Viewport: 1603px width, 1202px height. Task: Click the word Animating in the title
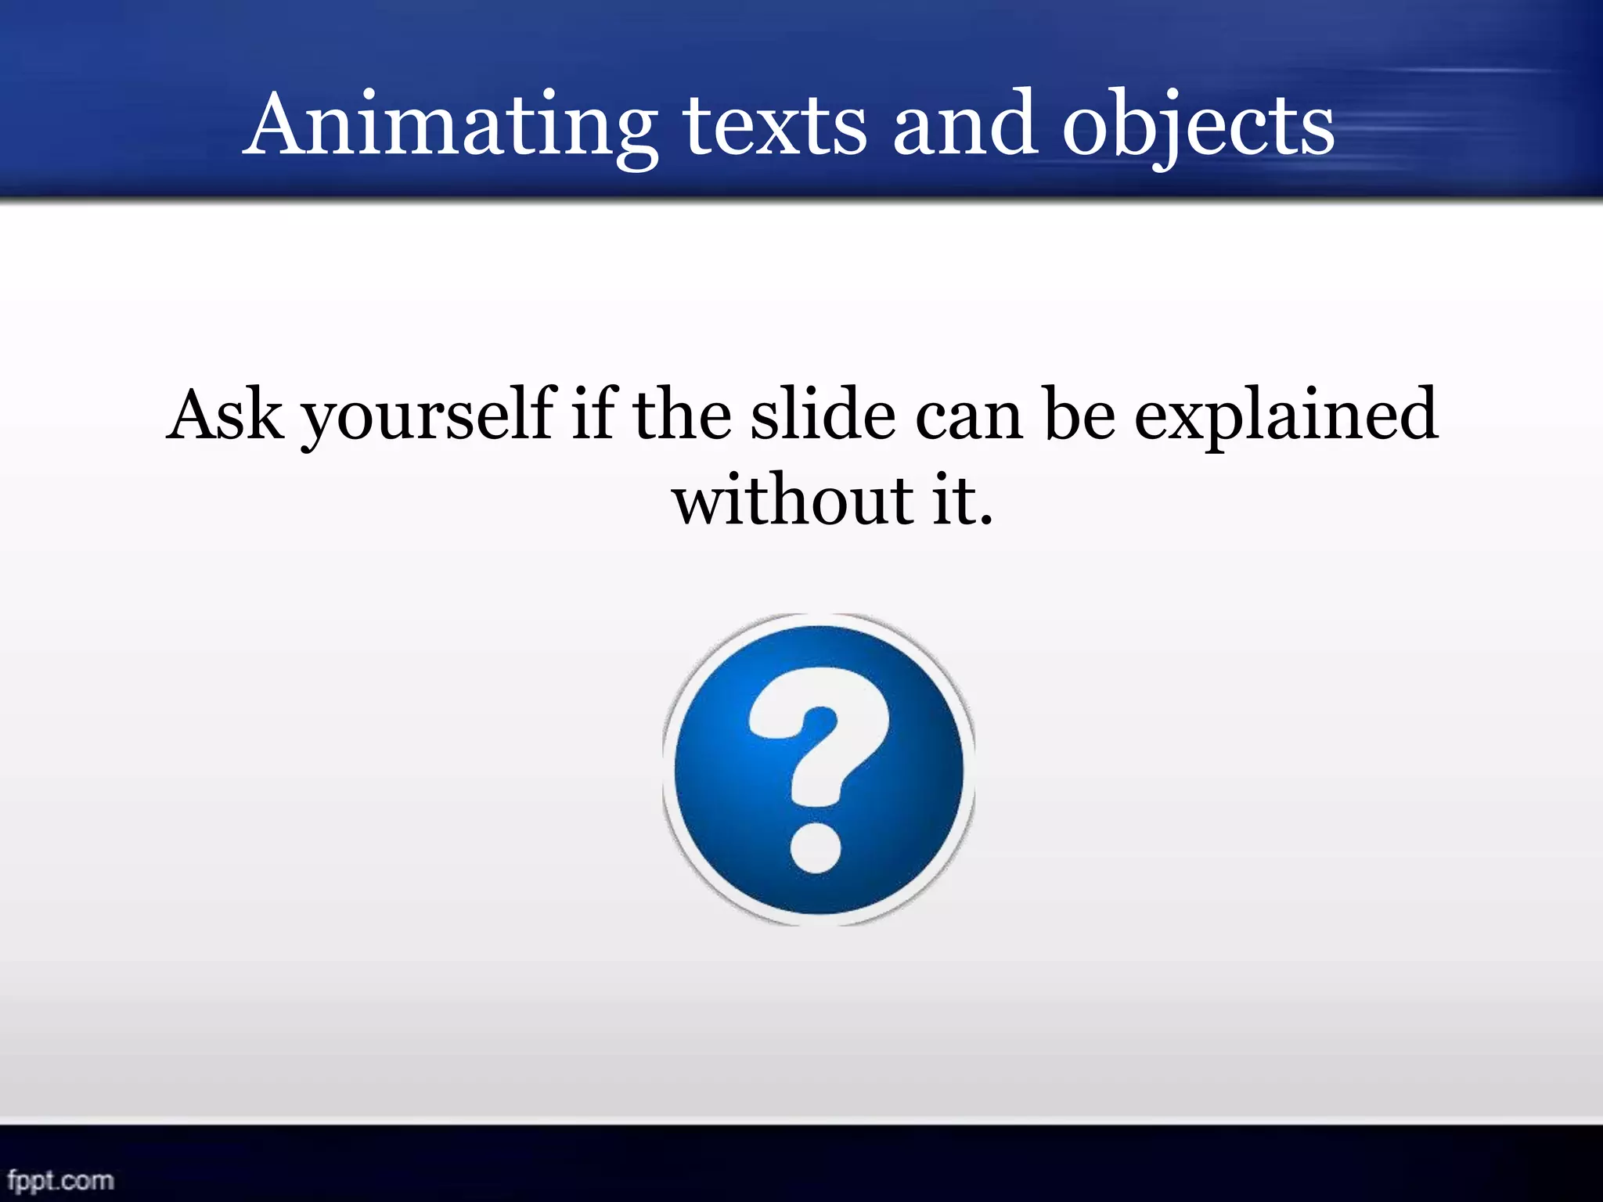click(x=450, y=125)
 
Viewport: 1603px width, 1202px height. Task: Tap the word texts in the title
click(x=775, y=125)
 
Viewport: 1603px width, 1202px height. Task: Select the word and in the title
click(x=964, y=125)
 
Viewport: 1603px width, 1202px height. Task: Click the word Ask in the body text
click(x=225, y=415)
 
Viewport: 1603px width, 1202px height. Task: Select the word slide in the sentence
click(x=823, y=415)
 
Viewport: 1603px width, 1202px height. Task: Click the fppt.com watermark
click(x=60, y=1179)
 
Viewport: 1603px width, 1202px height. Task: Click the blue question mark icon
click(x=819, y=770)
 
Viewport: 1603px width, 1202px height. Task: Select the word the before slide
click(x=682, y=415)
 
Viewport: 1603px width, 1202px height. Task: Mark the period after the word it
click(x=985, y=519)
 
